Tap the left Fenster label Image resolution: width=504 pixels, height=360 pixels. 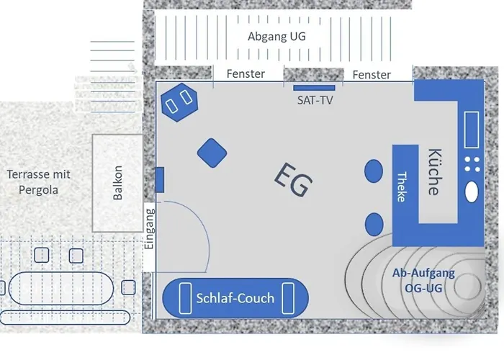click(246, 73)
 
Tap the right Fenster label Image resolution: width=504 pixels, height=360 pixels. click(372, 74)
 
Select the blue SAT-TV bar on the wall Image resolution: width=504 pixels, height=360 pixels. click(315, 88)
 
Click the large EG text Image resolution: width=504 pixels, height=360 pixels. click(293, 180)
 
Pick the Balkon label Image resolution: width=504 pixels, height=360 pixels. click(118, 183)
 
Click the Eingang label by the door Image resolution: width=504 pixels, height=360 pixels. click(150, 228)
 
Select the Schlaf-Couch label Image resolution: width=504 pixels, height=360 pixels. click(235, 298)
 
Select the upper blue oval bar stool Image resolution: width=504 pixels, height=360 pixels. click(373, 171)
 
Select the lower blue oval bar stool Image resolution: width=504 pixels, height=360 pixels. click(373, 225)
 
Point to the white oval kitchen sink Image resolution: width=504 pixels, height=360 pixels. click(473, 192)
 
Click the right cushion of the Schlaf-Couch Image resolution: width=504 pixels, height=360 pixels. click(289, 298)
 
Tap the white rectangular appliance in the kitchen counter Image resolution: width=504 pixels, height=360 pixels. click(473, 130)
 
